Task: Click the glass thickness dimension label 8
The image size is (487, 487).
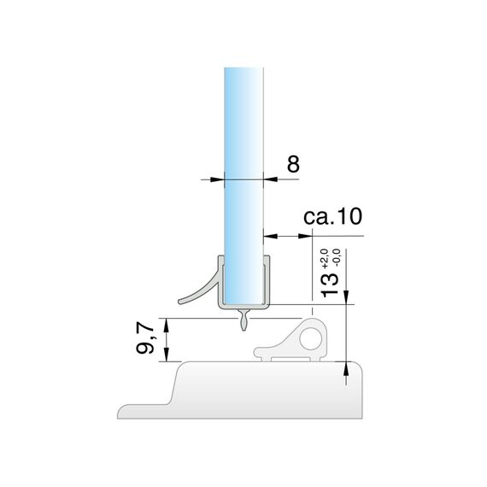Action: tap(293, 164)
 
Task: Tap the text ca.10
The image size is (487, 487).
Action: tap(332, 216)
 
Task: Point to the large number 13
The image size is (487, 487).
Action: tap(330, 285)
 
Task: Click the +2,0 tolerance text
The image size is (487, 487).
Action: tap(325, 258)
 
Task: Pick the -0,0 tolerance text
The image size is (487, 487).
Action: tap(337, 258)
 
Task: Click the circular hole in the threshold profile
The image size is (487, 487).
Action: tap(311, 338)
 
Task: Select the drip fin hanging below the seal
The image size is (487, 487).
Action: tap(243, 320)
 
